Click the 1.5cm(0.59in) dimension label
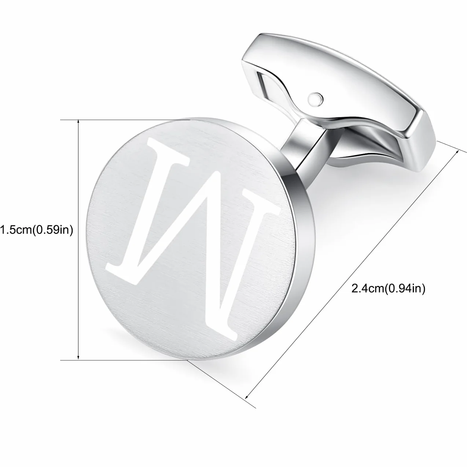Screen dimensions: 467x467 (36, 230)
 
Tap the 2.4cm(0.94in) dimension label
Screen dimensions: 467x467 (388, 288)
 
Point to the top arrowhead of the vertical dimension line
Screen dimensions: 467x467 (78, 122)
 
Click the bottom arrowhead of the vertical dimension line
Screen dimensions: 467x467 (78, 357)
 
